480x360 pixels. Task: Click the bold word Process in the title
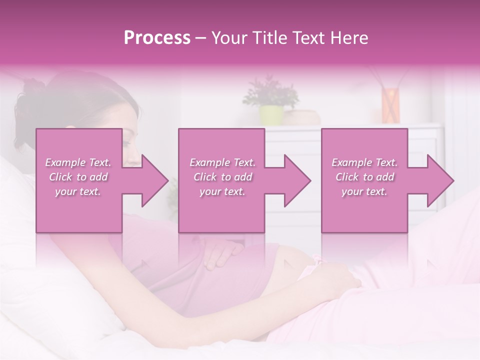(157, 38)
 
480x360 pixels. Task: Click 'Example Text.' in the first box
(78, 162)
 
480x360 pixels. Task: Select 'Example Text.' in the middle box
(222, 162)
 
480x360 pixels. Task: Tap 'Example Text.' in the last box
(364, 162)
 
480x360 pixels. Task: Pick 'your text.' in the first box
(78, 191)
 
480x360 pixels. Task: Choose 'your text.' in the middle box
(222, 191)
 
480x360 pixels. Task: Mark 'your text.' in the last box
(364, 191)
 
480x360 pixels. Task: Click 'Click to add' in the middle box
(222, 177)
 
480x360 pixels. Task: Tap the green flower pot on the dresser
(270, 114)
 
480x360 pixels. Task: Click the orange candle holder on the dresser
(390, 105)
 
